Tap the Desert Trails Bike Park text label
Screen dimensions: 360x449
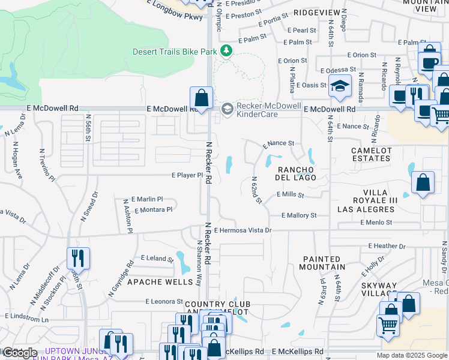tap(175, 52)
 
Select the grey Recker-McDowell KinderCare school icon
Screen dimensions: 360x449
tap(227, 109)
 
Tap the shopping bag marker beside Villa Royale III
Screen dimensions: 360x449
tap(423, 183)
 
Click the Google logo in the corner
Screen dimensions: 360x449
tap(20, 353)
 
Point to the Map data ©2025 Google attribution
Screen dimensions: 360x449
tap(411, 355)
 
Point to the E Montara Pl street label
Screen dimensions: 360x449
tap(154, 210)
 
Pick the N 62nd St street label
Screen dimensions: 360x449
tap(256, 190)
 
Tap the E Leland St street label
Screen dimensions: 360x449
tap(157, 258)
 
